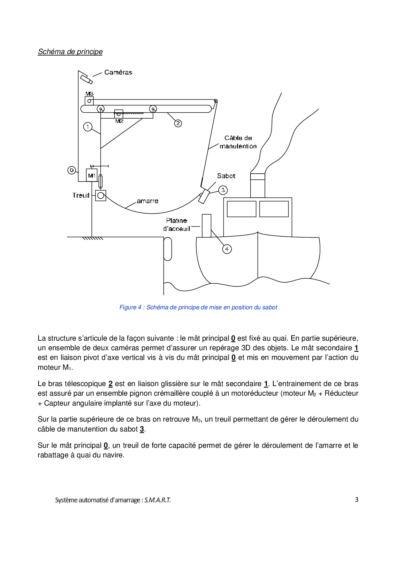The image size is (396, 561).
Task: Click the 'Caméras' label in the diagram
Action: point(118,72)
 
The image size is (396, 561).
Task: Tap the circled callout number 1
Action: point(88,127)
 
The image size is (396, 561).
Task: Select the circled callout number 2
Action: point(178,123)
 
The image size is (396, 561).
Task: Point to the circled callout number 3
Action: point(223,190)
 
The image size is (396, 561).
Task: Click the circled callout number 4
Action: point(227,249)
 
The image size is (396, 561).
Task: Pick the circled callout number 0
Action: point(72,170)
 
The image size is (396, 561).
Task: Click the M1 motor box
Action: point(92,175)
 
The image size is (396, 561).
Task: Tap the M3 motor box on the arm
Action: point(89,101)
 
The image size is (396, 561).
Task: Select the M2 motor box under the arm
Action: point(118,114)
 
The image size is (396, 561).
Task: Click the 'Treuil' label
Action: point(81,195)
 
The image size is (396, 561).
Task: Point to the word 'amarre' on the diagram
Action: point(147,201)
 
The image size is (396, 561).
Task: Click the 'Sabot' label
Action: point(226,176)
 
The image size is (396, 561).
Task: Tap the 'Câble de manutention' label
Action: point(238,142)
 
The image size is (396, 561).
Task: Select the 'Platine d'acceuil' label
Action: point(177,225)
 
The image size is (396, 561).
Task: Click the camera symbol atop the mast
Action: point(86,79)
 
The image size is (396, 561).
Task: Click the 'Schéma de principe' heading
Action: point(70,51)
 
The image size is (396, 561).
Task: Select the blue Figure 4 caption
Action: point(198,307)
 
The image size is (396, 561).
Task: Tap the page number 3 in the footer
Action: point(356,500)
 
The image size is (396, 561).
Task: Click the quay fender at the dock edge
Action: point(168,249)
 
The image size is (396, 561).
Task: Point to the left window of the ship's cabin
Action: point(241,209)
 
